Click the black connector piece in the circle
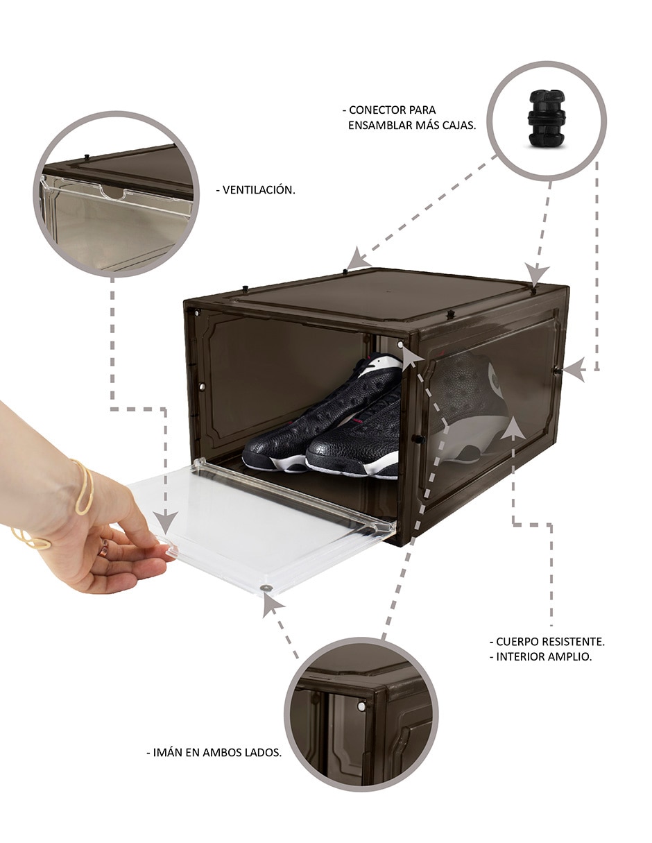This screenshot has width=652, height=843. click(x=546, y=118)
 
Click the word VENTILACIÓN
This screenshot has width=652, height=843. click(x=259, y=189)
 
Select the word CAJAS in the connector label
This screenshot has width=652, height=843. click(x=459, y=126)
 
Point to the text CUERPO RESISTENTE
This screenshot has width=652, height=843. click(x=550, y=642)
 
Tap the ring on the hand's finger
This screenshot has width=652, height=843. click(x=103, y=548)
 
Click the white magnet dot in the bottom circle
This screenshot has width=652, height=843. click(x=361, y=707)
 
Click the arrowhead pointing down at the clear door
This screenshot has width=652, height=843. click(x=166, y=522)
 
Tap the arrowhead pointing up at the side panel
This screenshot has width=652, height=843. click(x=513, y=428)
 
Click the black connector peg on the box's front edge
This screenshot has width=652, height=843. click(x=450, y=314)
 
